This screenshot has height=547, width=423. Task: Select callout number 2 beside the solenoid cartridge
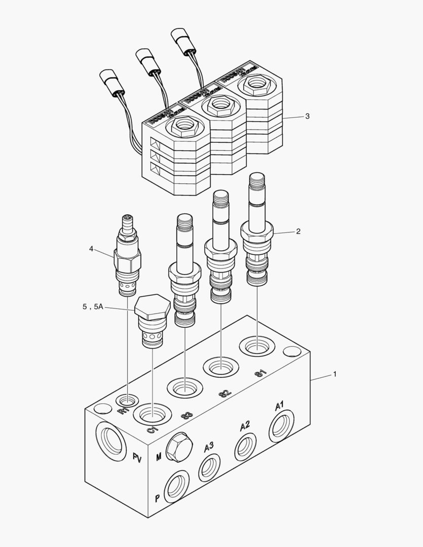pyautogui.click(x=298, y=231)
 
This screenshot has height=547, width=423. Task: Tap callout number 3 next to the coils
pyautogui.click(x=307, y=116)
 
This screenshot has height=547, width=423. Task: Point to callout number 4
pyautogui.click(x=91, y=248)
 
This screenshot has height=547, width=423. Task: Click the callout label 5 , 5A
pyautogui.click(x=93, y=307)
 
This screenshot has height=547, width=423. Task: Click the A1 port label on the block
pyautogui.click(x=280, y=406)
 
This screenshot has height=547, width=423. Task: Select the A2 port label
pyautogui.click(x=245, y=426)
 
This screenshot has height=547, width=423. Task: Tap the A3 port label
pyautogui.click(x=209, y=447)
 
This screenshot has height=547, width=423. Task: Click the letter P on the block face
pyautogui.click(x=158, y=497)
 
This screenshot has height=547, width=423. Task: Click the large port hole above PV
pyautogui.click(x=110, y=439)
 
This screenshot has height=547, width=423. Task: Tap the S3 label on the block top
pyautogui.click(x=186, y=416)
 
